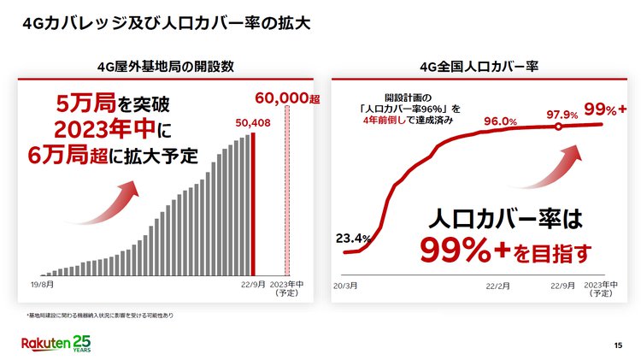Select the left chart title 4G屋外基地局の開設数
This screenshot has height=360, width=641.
pyautogui.click(x=167, y=66)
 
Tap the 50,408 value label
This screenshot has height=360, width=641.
pyautogui.click(x=253, y=121)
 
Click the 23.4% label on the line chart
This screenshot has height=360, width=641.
pyautogui.click(x=352, y=238)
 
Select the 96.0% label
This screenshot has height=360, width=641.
pyautogui.click(x=501, y=121)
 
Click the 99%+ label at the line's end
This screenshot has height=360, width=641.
pyautogui.click(x=604, y=109)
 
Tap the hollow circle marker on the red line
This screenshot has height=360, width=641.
pyautogui.click(x=557, y=127)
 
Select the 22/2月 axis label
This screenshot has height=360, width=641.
pyautogui.click(x=497, y=284)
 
